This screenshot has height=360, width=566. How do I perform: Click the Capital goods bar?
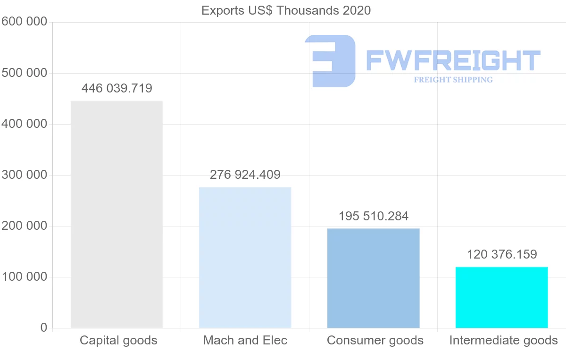click(117, 215)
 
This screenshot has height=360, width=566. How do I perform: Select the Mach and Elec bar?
click(245, 258)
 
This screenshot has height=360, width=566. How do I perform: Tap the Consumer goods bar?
click(373, 278)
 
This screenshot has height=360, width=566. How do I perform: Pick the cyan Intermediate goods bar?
click(501, 297)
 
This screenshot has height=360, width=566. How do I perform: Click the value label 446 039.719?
click(117, 88)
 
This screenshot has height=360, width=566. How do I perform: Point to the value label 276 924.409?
click(245, 175)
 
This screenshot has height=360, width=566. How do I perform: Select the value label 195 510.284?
click(373, 216)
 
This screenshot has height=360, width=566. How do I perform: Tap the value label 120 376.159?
click(501, 255)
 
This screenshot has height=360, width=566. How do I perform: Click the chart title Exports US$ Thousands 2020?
click(286, 10)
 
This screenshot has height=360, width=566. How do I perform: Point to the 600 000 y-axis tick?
click(25, 22)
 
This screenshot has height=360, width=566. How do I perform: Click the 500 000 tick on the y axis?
click(25, 73)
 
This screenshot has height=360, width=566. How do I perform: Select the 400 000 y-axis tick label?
click(25, 124)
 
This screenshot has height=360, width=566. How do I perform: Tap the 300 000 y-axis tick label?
click(25, 175)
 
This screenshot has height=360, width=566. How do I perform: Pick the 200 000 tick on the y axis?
click(25, 226)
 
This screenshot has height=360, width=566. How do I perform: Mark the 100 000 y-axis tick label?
click(25, 277)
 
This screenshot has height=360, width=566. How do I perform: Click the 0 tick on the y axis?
click(44, 328)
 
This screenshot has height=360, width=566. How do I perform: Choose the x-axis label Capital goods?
click(118, 340)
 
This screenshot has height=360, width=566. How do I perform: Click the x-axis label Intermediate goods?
click(503, 340)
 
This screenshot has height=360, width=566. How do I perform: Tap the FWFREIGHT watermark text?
click(453, 60)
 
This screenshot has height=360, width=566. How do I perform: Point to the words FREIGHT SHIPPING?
click(453, 80)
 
